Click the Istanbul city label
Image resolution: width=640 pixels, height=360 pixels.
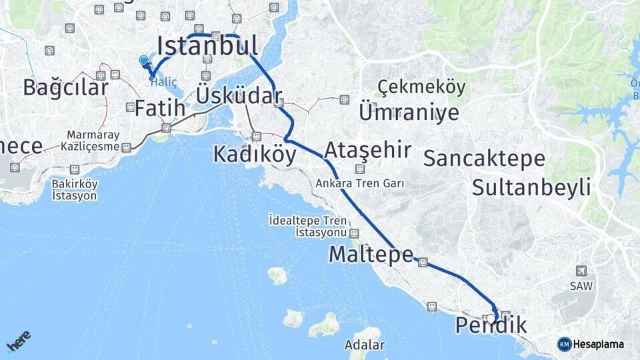[x=207, y=46]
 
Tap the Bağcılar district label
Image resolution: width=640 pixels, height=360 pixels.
[x=65, y=87]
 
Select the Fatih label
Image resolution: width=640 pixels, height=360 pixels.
[x=159, y=108]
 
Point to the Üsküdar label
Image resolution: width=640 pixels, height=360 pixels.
[x=239, y=96]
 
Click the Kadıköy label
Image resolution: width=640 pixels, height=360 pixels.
[x=255, y=154]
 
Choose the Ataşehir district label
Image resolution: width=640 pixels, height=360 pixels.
[x=368, y=149]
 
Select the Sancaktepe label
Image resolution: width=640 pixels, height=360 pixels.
[x=484, y=159]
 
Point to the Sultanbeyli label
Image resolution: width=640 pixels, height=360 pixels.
[x=531, y=187]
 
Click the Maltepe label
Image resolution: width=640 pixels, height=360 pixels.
[x=371, y=254]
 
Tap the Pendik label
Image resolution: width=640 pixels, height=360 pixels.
[x=491, y=326]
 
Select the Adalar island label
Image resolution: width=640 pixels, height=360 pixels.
[x=365, y=345]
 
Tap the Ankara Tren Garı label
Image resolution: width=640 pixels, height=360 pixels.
[x=360, y=183]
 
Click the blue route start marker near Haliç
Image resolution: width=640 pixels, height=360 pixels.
[x=144, y=61]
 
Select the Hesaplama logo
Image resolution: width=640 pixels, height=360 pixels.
[x=591, y=344]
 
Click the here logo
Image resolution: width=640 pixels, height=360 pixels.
[x=19, y=343]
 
